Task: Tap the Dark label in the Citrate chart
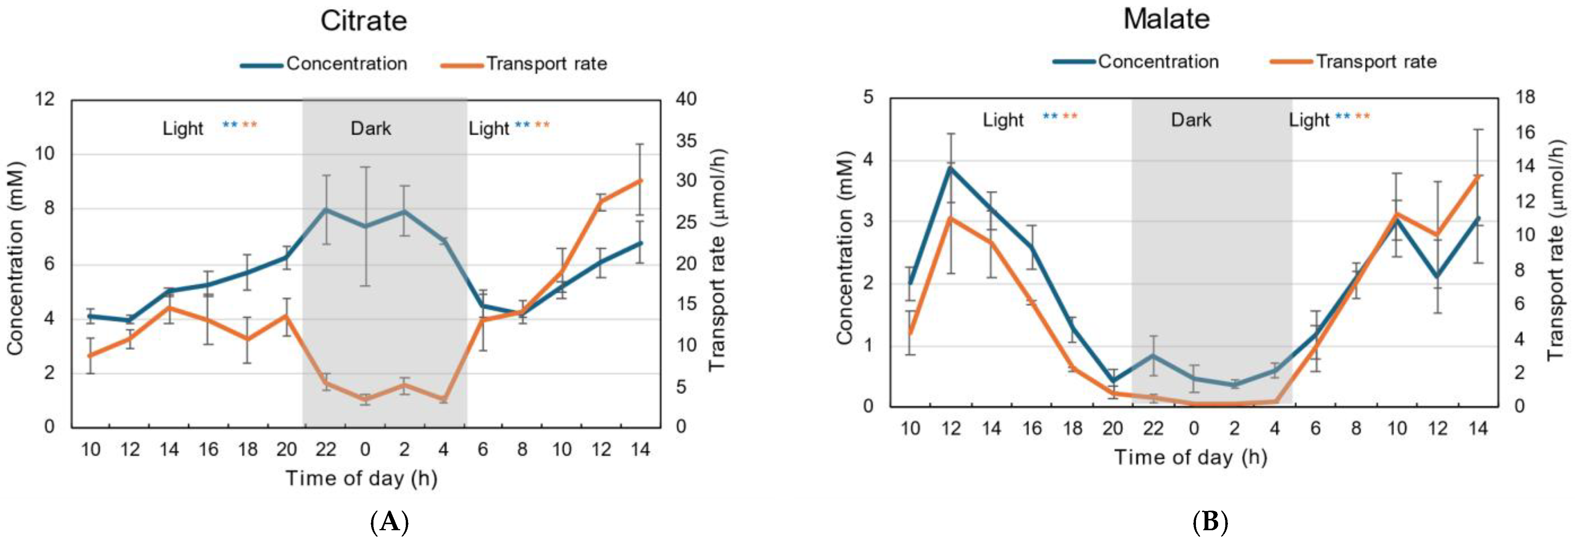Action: pyautogui.click(x=370, y=128)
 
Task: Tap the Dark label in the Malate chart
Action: pyautogui.click(x=1190, y=120)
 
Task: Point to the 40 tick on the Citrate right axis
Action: pyautogui.click(x=686, y=99)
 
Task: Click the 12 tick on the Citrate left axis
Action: pyautogui.click(x=45, y=99)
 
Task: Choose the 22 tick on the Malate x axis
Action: pyautogui.click(x=1153, y=429)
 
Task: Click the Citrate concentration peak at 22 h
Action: pyautogui.click(x=326, y=209)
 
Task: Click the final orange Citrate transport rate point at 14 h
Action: pyautogui.click(x=640, y=180)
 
